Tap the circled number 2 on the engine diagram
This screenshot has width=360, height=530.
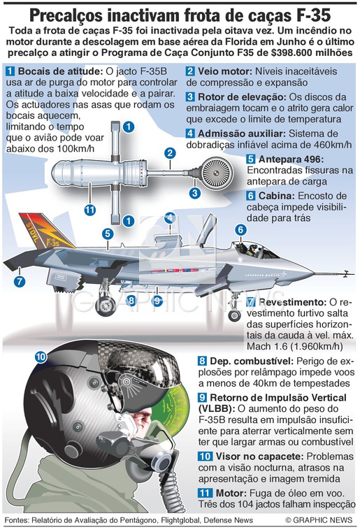point(170,153)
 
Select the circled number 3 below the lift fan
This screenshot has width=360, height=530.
point(195,193)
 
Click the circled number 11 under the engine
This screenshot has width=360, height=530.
point(89,210)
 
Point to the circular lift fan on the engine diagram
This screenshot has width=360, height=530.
point(215,173)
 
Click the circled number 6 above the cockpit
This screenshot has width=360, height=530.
point(240,230)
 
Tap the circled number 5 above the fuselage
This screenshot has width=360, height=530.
point(108,234)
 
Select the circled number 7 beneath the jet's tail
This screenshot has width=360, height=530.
point(20,281)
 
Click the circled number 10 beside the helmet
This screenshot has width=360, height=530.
point(41,357)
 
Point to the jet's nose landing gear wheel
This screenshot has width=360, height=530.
point(234,316)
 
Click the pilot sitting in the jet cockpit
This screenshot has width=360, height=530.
point(252,250)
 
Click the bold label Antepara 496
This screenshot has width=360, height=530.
point(291,159)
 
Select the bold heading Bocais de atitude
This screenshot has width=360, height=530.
point(60,71)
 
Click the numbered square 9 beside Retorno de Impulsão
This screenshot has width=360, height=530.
point(203,397)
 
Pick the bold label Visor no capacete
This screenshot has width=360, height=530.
point(259,457)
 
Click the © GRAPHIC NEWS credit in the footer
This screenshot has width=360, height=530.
point(319,520)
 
